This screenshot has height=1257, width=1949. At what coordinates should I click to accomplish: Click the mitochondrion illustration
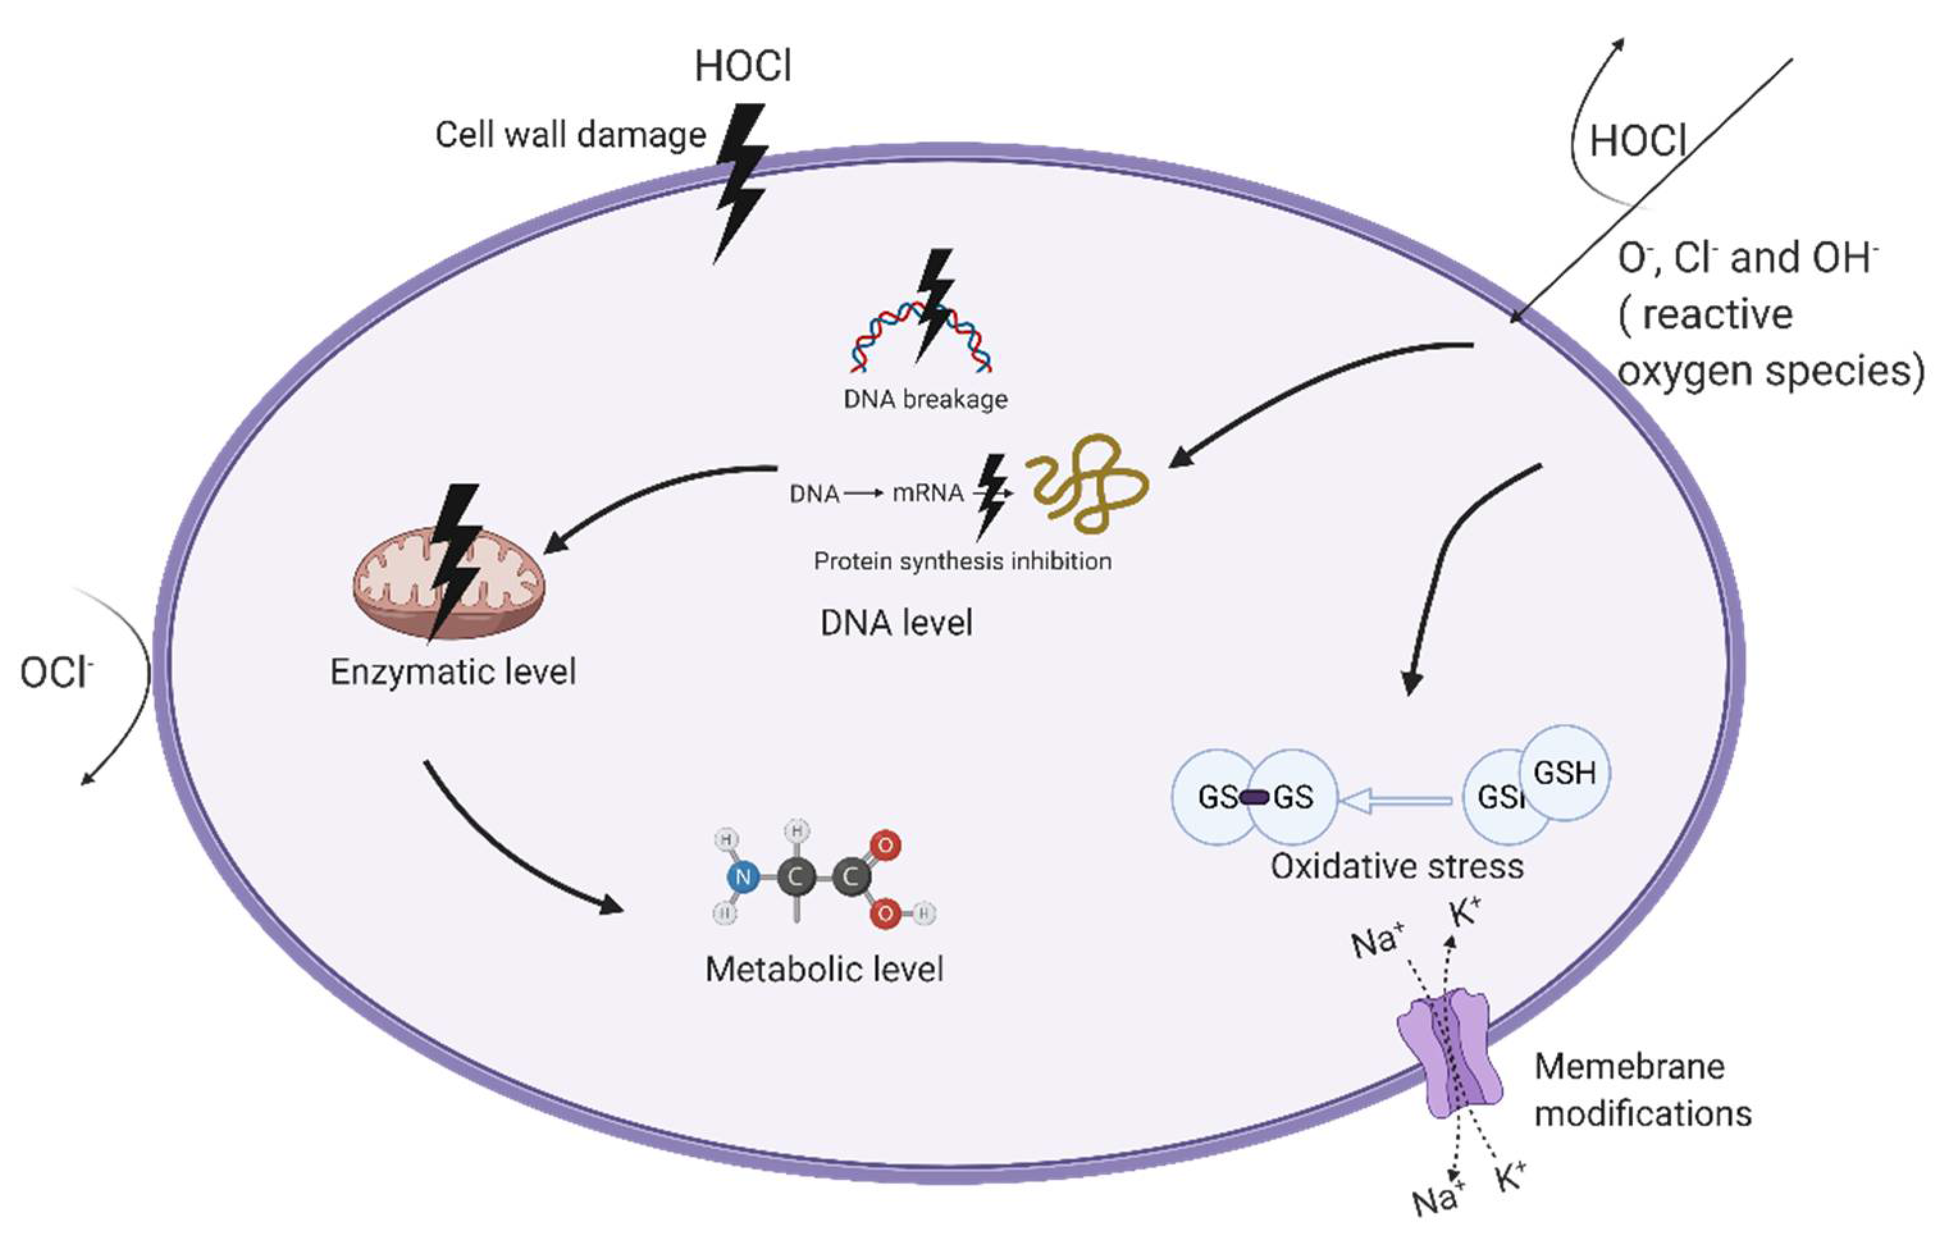tap(448, 584)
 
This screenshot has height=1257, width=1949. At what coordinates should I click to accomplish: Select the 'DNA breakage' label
tap(925, 399)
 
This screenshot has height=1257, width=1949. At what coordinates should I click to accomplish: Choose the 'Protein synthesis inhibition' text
tap(963, 561)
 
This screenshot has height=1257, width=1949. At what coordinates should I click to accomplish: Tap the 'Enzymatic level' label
tap(453, 673)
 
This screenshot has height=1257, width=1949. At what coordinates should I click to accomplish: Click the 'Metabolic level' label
tap(825, 970)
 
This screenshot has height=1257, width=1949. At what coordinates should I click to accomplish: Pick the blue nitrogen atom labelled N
tap(743, 877)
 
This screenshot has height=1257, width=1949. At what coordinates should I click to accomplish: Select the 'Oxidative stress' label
tap(1397, 866)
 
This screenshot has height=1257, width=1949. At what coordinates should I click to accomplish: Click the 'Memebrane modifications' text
tap(1643, 1090)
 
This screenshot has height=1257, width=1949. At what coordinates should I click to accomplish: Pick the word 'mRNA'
tap(928, 493)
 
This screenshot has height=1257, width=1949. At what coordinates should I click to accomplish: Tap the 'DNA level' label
tap(896, 623)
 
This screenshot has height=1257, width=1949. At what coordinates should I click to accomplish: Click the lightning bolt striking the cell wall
tap(741, 184)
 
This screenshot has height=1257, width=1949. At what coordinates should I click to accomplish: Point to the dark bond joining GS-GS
tap(1254, 797)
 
